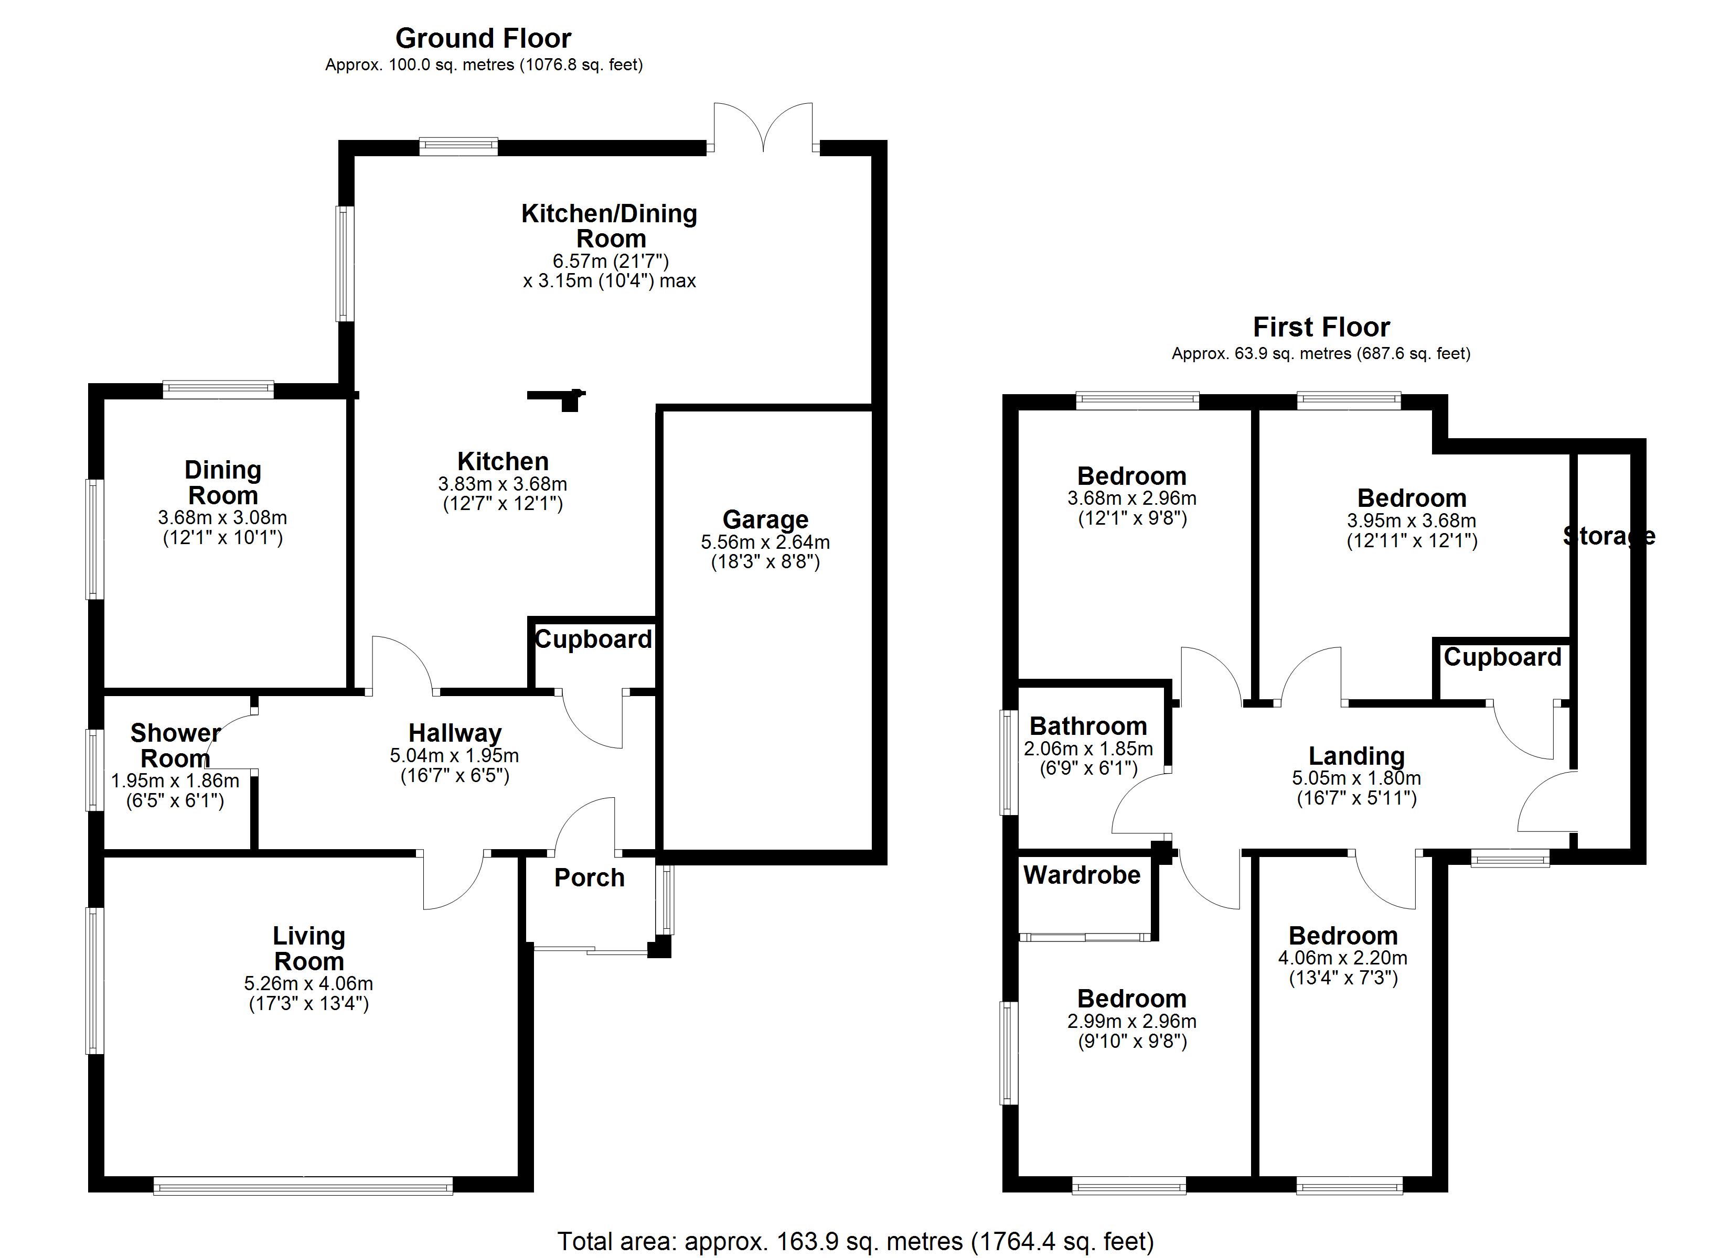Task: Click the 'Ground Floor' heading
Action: click(483, 39)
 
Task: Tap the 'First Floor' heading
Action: click(1321, 327)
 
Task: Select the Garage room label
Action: click(765, 519)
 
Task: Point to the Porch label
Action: click(589, 878)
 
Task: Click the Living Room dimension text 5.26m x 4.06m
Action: click(309, 984)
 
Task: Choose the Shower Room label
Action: click(176, 746)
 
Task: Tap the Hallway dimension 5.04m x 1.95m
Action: click(455, 756)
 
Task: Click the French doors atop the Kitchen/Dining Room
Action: click(763, 127)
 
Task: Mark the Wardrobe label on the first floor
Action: click(1082, 875)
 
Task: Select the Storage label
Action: click(1609, 536)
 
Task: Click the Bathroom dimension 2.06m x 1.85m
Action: click(1088, 749)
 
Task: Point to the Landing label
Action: click(1357, 756)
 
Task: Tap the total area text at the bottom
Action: click(856, 1241)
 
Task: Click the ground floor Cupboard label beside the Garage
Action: click(594, 639)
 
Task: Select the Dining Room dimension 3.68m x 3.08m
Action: click(223, 518)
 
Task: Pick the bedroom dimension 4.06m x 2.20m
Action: click(1343, 958)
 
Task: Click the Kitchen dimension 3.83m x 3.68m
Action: click(503, 484)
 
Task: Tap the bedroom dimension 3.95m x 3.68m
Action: click(1412, 521)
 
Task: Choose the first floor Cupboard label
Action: click(1503, 658)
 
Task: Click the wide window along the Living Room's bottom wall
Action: click(303, 1185)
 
